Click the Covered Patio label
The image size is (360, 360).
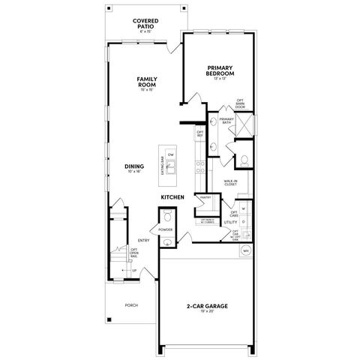(144, 25)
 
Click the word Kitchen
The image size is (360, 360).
(172, 197)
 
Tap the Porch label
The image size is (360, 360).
(131, 304)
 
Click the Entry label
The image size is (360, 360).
(142, 240)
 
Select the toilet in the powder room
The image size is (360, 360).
(166, 219)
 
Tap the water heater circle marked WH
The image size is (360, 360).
(245, 252)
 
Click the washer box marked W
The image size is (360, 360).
(244, 208)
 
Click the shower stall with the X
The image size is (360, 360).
(244, 124)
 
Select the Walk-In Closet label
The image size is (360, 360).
(231, 181)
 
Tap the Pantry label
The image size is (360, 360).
(205, 199)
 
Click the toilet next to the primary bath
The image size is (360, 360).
(244, 160)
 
